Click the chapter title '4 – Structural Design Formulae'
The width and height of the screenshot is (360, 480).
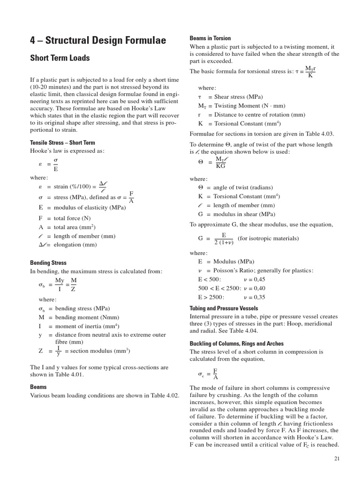pos(97,41)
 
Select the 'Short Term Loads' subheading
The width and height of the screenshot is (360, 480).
pos(60,58)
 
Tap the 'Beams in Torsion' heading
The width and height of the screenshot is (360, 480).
pos(210,38)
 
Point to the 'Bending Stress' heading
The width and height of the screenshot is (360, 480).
pos(48,263)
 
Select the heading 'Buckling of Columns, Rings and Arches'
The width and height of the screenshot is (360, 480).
pos(236,344)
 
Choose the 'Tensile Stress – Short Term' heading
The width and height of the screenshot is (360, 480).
pos(62,142)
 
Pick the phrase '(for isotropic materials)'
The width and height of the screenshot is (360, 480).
pos(268,238)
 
